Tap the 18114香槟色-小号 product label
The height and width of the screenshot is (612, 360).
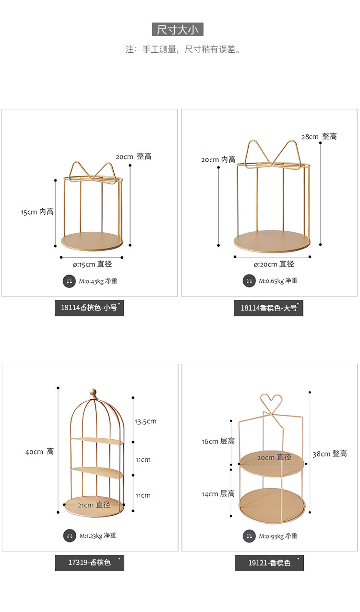pyautogui.click(x=89, y=308)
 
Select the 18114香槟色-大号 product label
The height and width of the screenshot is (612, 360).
pyautogui.click(x=269, y=308)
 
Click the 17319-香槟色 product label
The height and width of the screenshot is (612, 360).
pyautogui.click(x=90, y=562)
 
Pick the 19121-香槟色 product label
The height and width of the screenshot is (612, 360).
pyautogui.click(x=269, y=563)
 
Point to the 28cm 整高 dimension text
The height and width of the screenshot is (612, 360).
pyautogui.click(x=319, y=136)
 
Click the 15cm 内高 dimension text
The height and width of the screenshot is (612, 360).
pyautogui.click(x=37, y=212)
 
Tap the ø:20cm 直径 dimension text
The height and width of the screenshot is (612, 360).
pyautogui.click(x=274, y=264)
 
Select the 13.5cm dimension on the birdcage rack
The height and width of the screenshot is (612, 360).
pyautogui.click(x=145, y=421)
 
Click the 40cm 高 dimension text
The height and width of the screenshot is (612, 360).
pyautogui.click(x=39, y=452)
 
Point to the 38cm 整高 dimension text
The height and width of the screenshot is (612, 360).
pyautogui.click(x=330, y=454)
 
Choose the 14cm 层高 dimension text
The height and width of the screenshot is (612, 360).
pyautogui.click(x=218, y=493)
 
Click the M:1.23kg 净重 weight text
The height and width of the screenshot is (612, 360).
pyautogui.click(x=97, y=536)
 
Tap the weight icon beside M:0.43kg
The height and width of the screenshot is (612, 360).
pyautogui.click(x=70, y=281)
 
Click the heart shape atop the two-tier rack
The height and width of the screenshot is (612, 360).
pyautogui.click(x=272, y=400)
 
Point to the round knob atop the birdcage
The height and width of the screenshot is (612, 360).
pyautogui.click(x=93, y=393)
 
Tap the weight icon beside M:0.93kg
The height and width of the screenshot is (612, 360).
pyautogui.click(x=249, y=536)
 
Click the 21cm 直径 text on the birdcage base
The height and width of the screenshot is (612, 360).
pyautogui.click(x=94, y=504)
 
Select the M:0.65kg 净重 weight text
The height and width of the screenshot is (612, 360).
pyautogui.click(x=278, y=281)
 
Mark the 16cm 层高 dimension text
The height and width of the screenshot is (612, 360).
pyautogui.click(x=218, y=441)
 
